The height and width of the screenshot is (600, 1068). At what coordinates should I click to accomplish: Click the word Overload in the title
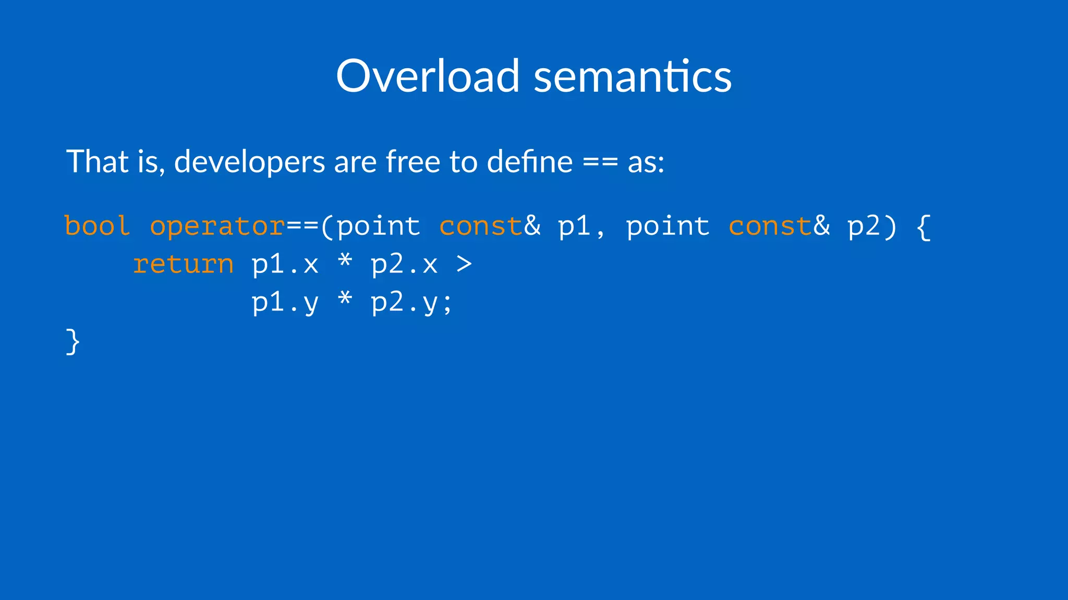[x=428, y=76]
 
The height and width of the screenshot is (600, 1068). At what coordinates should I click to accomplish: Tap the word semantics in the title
[x=633, y=76]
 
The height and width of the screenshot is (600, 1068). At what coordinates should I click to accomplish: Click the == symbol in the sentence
[x=600, y=162]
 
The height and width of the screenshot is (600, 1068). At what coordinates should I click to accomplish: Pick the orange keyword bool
[x=97, y=226]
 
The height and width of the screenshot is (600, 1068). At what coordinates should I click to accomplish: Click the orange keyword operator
[x=217, y=226]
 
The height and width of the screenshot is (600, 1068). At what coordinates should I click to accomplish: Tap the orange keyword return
[x=183, y=264]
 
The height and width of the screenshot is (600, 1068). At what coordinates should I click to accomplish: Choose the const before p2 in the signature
[x=770, y=226]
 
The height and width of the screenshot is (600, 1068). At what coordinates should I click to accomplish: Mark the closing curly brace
[x=73, y=342]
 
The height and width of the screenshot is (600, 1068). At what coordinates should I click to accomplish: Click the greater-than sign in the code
[x=464, y=264]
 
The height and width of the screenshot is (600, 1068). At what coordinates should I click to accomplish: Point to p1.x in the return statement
[x=285, y=264]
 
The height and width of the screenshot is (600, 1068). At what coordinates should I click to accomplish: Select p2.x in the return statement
[x=404, y=264]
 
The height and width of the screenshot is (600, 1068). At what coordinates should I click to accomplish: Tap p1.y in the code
[x=285, y=303]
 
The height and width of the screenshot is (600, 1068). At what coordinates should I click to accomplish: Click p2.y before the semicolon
[x=404, y=303]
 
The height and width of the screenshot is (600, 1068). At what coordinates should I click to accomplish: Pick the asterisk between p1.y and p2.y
[x=345, y=300]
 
